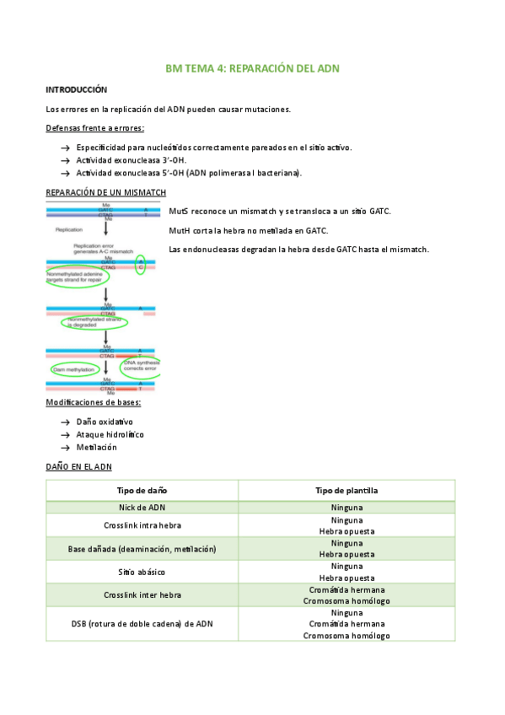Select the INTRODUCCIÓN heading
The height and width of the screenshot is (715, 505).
pyautogui.click(x=76, y=89)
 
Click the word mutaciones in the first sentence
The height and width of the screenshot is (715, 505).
pyautogui.click(x=261, y=110)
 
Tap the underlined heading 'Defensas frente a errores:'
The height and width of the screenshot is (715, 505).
pyautogui.click(x=94, y=128)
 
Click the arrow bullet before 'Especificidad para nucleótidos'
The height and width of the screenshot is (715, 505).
pyautogui.click(x=65, y=148)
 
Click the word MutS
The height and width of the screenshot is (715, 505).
pyautogui.click(x=179, y=211)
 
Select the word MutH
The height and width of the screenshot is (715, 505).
pyautogui.click(x=179, y=230)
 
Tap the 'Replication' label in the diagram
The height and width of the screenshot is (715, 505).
pyautogui.click(x=68, y=229)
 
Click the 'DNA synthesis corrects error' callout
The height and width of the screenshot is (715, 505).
pyautogui.click(x=140, y=366)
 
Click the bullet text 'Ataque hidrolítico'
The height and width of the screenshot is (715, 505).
pyautogui.click(x=110, y=434)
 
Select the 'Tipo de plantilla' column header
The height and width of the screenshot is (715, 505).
pyautogui.click(x=347, y=490)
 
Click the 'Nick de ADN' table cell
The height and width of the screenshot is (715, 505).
pyautogui.click(x=142, y=508)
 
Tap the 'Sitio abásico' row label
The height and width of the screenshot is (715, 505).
pyautogui.click(x=142, y=572)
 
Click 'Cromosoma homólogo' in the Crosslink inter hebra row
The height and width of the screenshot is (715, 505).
pyautogui.click(x=347, y=600)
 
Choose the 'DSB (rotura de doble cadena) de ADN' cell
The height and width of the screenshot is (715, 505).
pyautogui.click(x=142, y=624)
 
